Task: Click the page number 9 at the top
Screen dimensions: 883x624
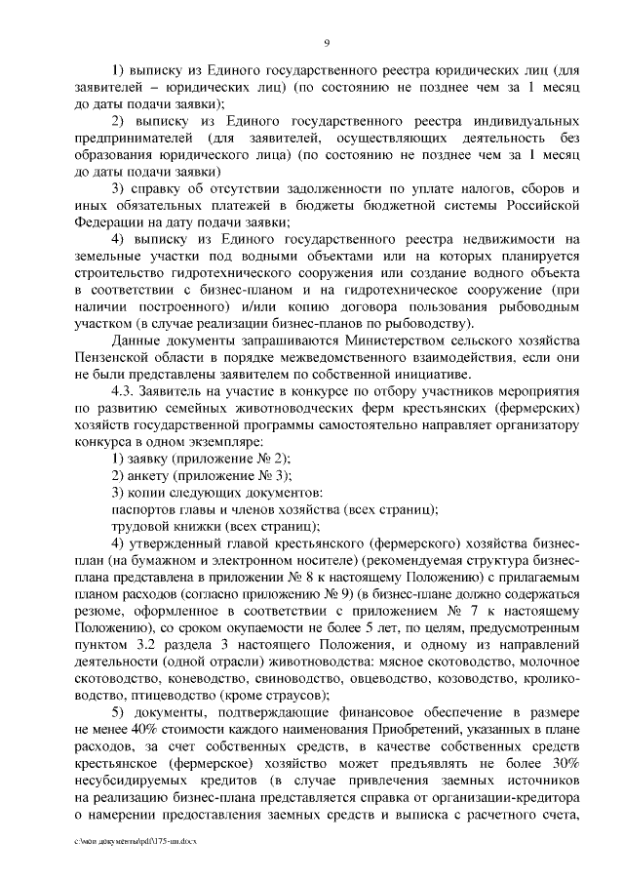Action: (x=328, y=42)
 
